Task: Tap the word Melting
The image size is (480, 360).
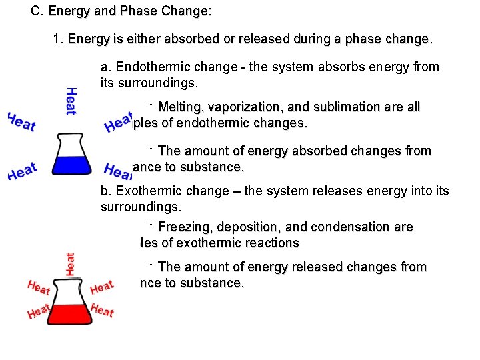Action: (x=182, y=107)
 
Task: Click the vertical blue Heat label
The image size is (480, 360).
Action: (x=71, y=100)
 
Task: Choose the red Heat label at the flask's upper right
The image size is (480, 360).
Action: (x=101, y=287)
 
